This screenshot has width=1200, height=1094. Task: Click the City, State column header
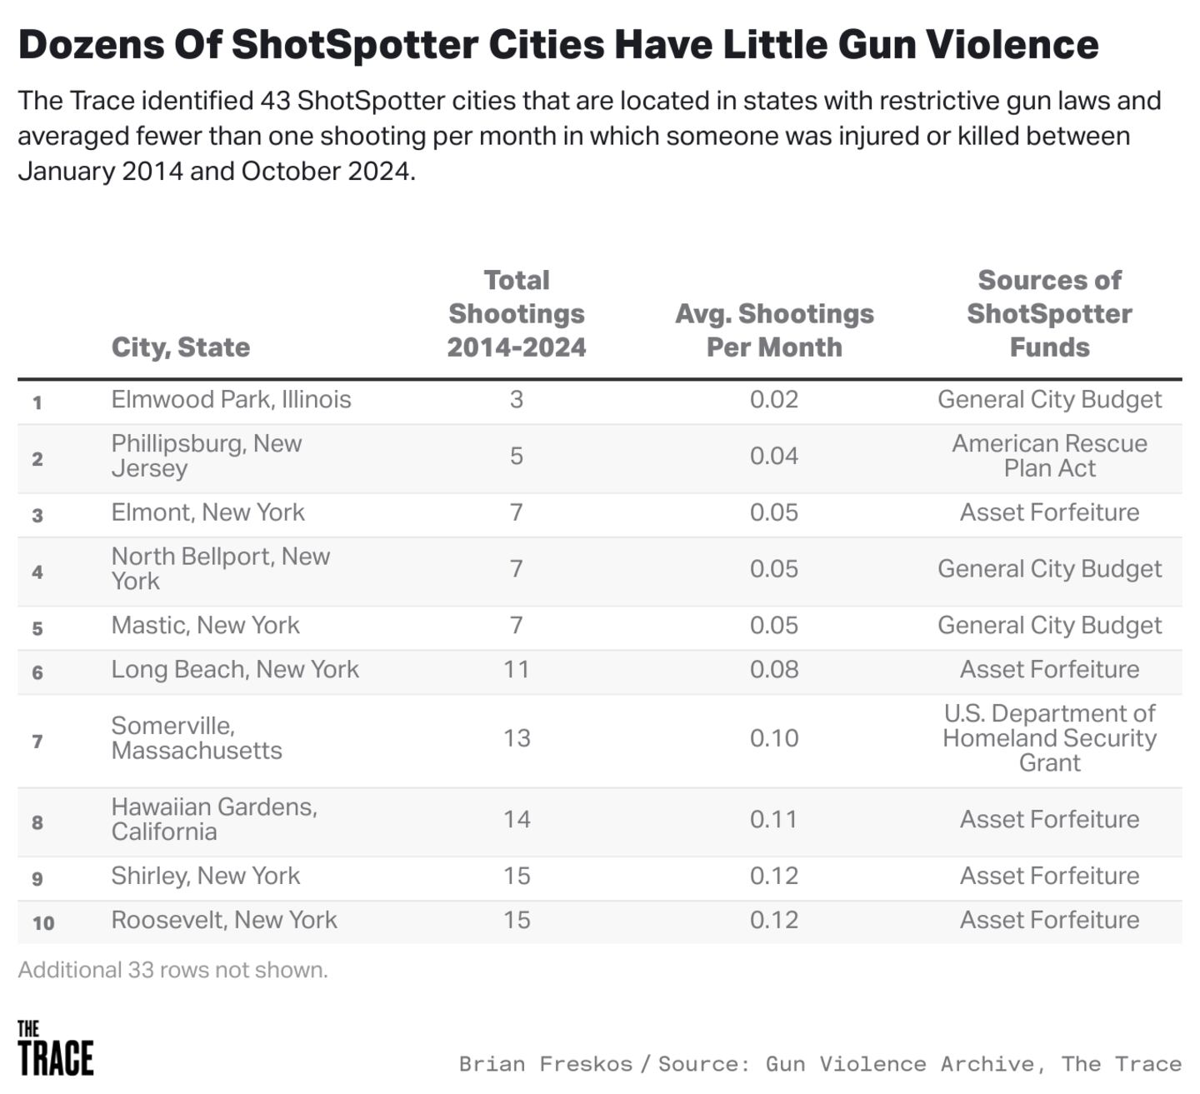181,347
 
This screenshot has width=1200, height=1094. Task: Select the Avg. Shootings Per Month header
774,330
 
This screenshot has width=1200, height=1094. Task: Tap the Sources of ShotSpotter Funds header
1049,313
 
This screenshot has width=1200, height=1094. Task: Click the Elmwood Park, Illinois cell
231,399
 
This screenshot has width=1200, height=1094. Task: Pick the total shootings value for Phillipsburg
517,456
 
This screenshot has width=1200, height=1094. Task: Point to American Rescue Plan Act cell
1049,456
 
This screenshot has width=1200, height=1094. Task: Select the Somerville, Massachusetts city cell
197,738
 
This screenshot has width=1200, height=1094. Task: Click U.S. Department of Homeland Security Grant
1049,738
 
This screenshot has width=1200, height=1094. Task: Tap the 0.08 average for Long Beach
774,669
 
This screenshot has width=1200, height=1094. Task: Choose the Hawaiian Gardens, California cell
214,819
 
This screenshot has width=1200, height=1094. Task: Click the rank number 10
43,923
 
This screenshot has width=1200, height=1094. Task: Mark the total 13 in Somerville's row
517,738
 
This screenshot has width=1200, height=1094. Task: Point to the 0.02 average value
774,399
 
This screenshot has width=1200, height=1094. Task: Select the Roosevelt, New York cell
224,920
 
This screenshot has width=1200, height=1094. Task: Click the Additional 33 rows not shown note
173,970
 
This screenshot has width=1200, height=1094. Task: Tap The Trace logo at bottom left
55,1048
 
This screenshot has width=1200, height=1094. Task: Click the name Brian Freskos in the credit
545,1064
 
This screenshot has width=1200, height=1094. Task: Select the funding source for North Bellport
1049,568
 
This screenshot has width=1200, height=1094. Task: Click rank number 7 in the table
37,742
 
